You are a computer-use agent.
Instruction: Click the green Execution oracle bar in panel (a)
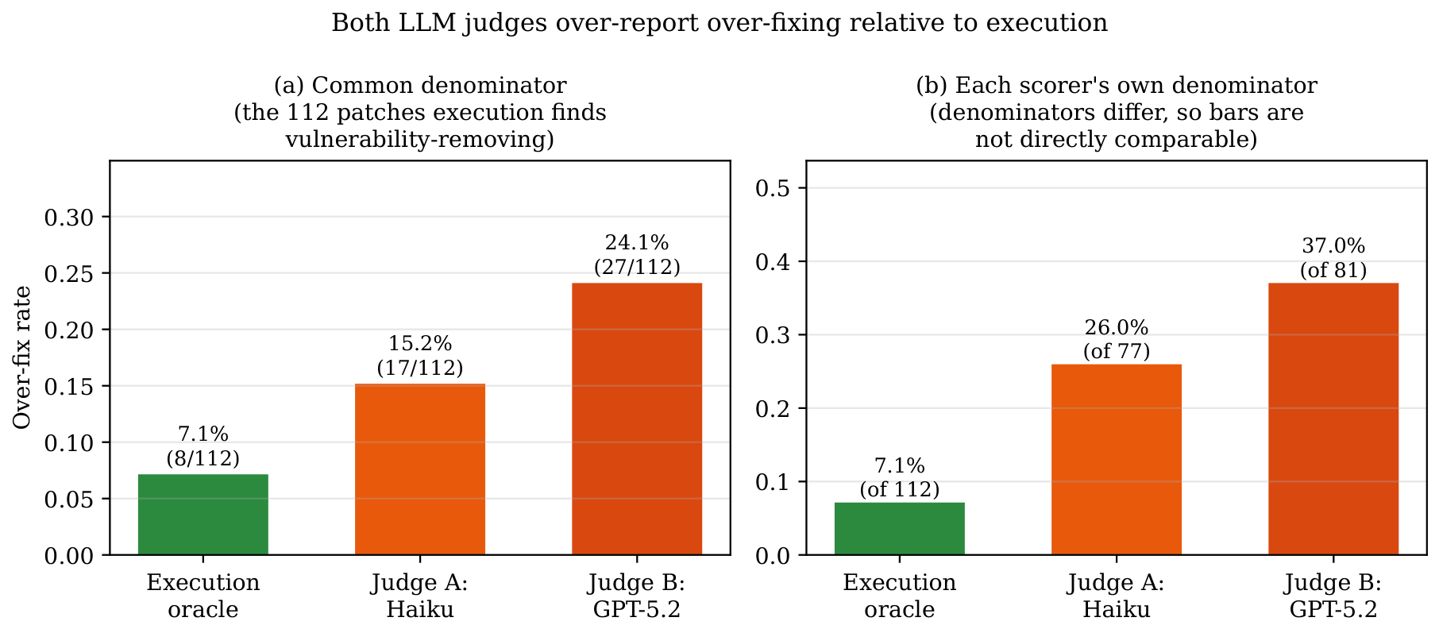coord(203,514)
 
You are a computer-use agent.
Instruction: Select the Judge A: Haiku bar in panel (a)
coord(420,469)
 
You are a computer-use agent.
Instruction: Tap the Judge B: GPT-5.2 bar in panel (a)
coord(637,419)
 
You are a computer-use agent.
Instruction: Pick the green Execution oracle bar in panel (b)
coord(900,528)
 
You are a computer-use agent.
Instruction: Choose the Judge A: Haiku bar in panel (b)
coord(1117,459)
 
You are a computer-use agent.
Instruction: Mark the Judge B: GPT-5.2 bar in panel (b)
coord(1333,419)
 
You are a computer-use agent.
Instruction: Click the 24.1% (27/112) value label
coord(637,255)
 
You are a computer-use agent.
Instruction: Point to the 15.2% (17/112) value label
coord(420,356)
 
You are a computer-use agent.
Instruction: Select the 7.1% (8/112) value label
coord(203,446)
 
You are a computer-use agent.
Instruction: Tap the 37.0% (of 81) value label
coord(1333,258)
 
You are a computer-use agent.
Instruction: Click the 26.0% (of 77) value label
coord(1117,339)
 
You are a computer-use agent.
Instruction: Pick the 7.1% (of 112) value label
coord(900,477)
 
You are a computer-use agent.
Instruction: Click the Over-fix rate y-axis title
coord(22,357)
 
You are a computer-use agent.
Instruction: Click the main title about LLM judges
coord(719,23)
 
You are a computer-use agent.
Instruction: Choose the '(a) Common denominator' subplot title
coord(420,86)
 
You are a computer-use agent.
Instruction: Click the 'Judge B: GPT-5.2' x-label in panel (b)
coord(1333,596)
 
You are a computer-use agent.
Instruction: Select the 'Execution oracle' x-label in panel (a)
coord(203,596)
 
